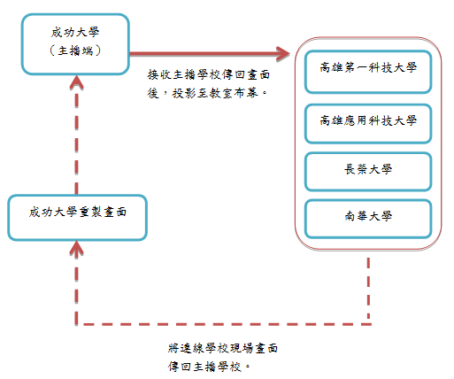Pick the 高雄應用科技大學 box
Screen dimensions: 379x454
point(368,120)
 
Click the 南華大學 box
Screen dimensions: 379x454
point(368,217)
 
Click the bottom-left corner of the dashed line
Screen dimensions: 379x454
point(76,323)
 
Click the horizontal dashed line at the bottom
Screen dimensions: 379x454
point(221,323)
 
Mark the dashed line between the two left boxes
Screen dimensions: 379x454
point(76,142)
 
